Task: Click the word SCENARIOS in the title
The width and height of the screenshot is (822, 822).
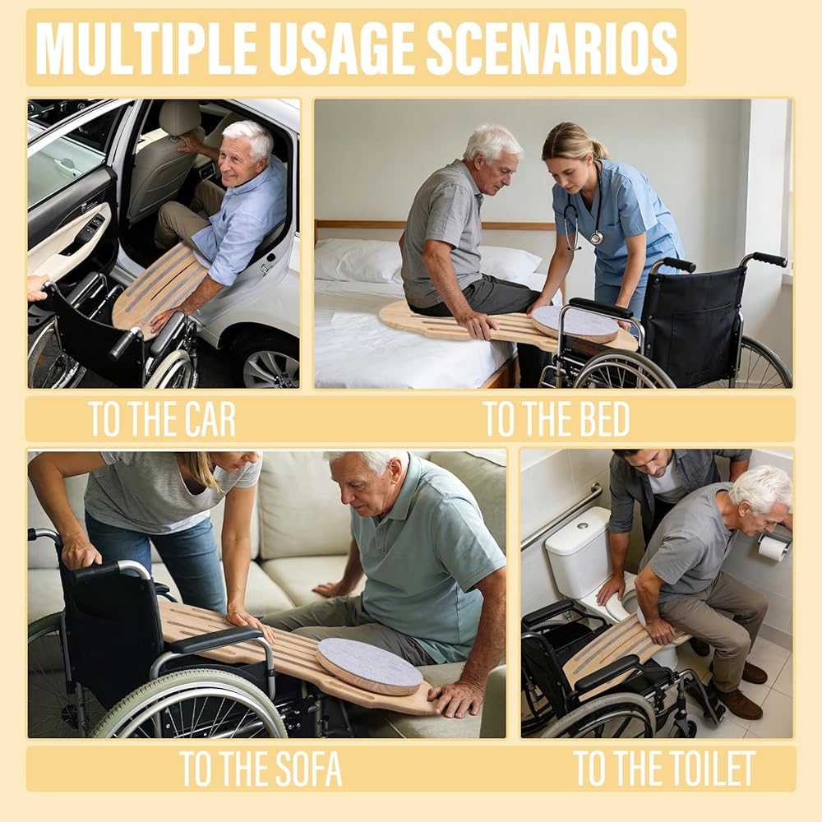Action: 552,48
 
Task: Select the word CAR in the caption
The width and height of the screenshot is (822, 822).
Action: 208,419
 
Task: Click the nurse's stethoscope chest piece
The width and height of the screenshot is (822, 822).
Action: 596,238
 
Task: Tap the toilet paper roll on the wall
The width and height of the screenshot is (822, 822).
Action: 773,548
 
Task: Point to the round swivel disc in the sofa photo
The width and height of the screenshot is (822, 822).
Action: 370,666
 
